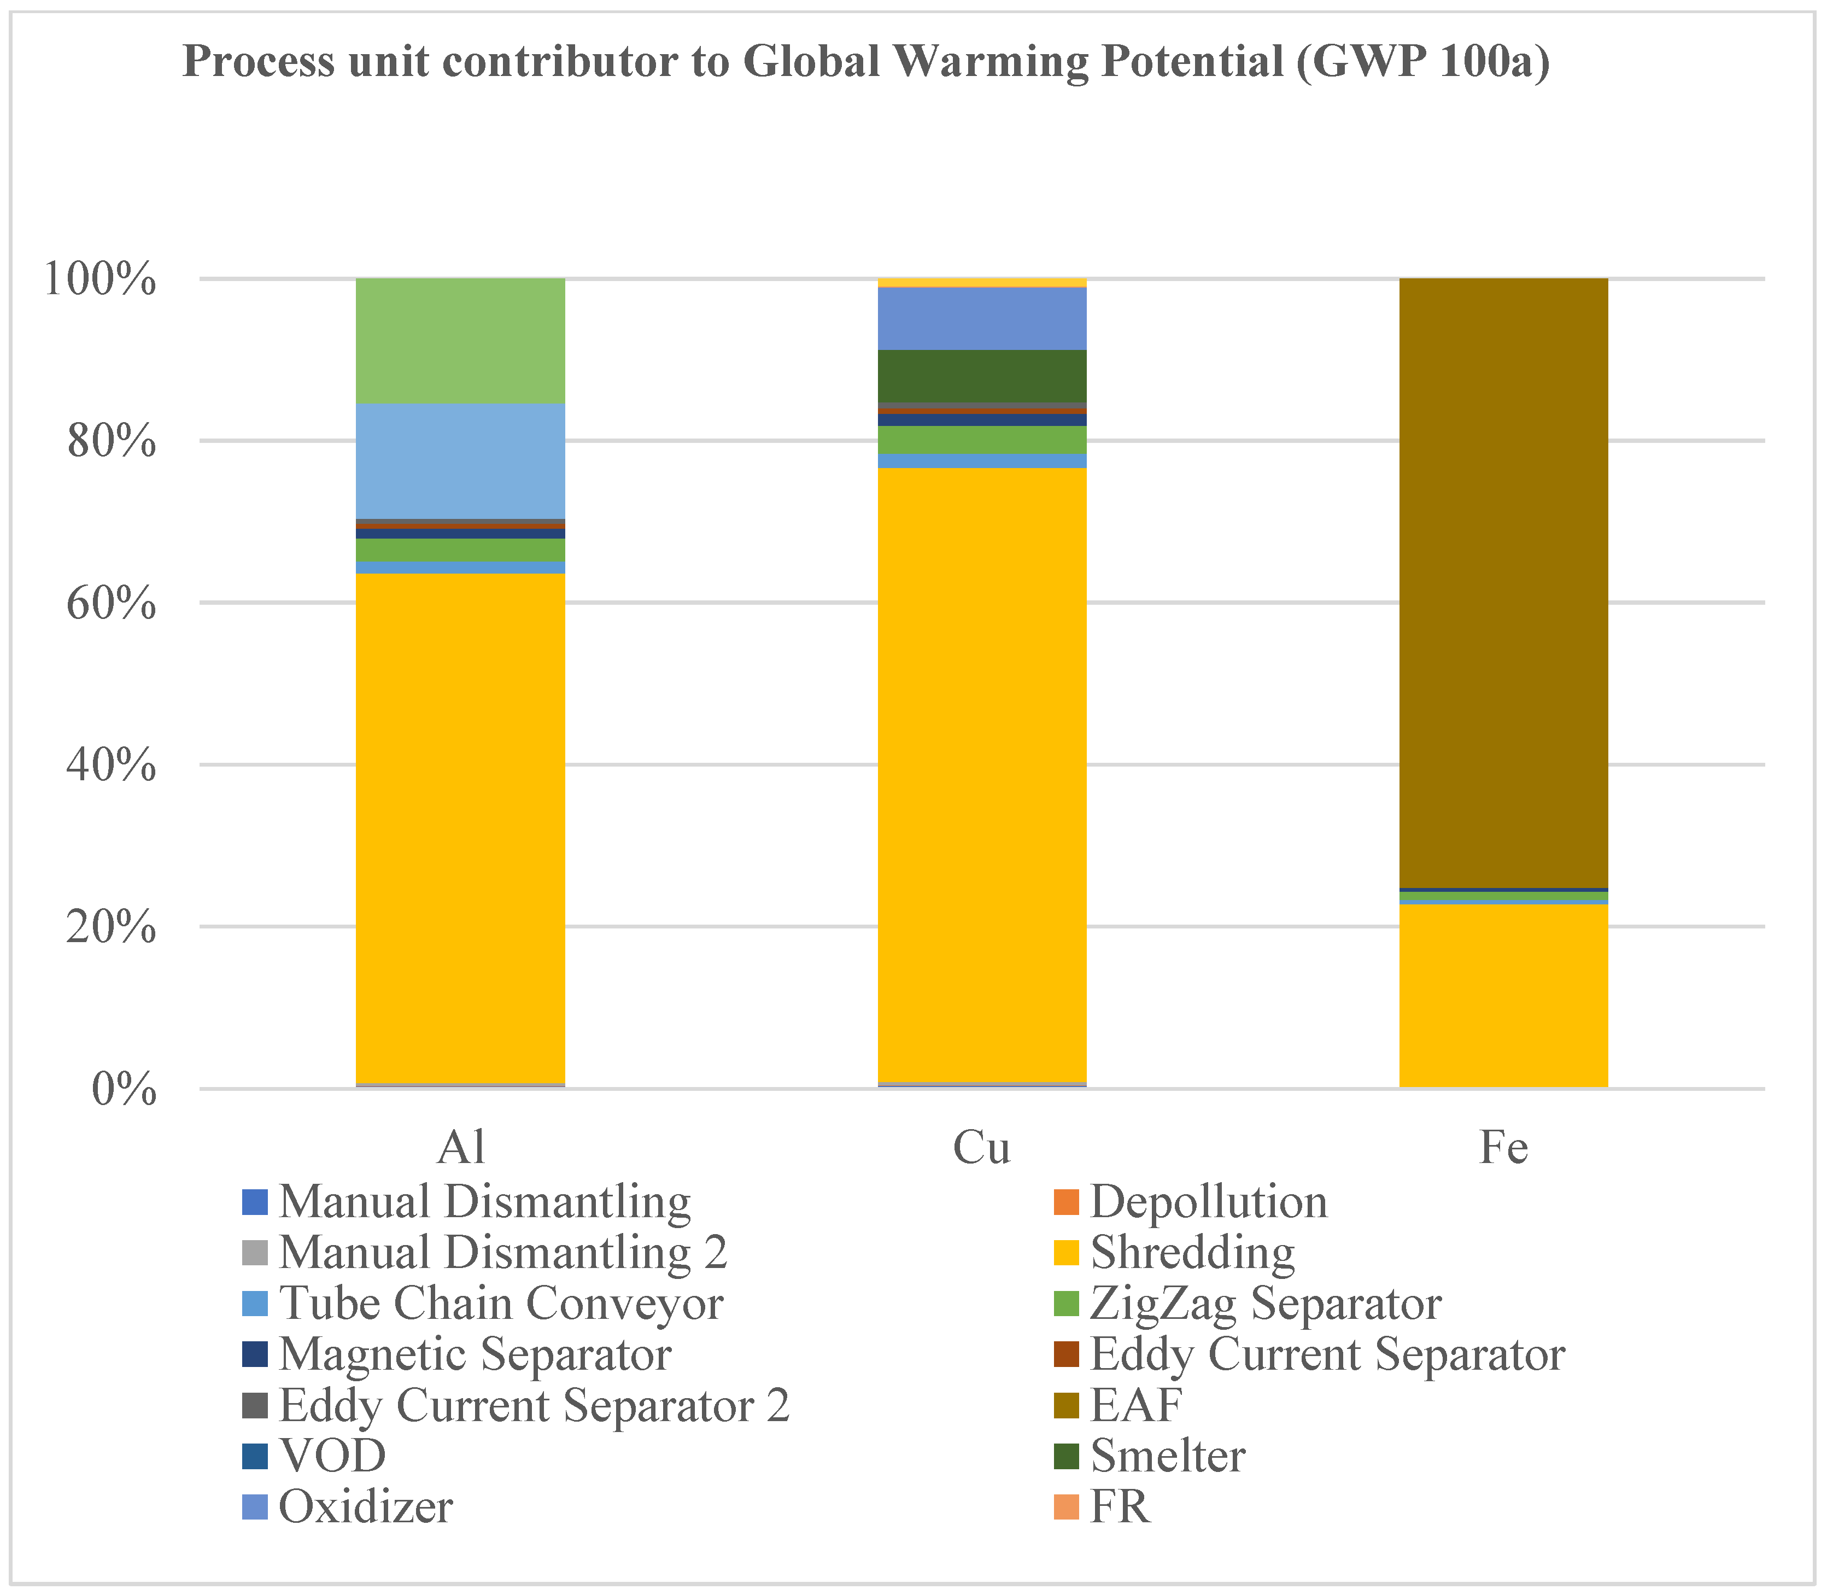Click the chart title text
point(866,62)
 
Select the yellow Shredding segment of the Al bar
point(460,828)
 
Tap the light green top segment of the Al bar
point(460,340)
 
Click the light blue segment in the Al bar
point(460,461)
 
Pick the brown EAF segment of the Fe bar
point(1503,583)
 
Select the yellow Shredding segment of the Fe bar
point(1503,995)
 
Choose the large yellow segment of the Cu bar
point(982,774)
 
